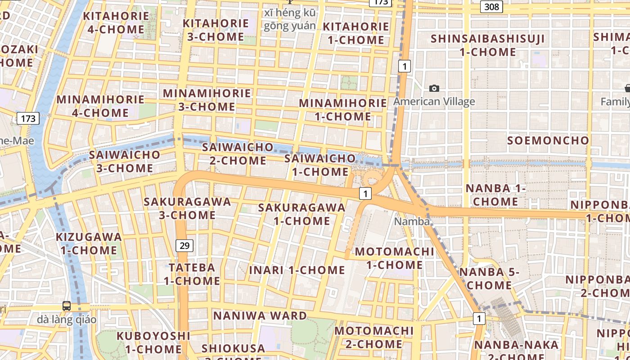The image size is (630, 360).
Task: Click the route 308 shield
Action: click(491, 7)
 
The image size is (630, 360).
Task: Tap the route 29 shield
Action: click(184, 245)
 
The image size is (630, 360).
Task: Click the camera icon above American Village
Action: click(434, 88)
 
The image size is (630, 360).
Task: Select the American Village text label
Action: click(434, 101)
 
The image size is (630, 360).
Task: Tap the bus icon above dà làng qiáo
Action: click(67, 306)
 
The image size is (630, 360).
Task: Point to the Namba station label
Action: click(411, 221)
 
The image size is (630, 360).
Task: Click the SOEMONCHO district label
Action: click(548, 140)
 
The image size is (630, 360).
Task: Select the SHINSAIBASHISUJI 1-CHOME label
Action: click(488, 45)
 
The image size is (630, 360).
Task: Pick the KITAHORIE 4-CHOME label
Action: click(116, 22)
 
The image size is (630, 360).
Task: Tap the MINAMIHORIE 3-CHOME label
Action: click(207, 100)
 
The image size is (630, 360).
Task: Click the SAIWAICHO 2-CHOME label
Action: click(238, 153)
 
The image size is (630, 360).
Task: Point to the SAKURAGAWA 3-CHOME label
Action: click(187, 208)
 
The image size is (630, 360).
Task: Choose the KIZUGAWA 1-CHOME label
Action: click(89, 243)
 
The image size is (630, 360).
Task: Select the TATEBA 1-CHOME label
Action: click(192, 274)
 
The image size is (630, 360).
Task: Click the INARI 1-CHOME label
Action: click(297, 270)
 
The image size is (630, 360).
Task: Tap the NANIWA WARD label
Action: click(260, 315)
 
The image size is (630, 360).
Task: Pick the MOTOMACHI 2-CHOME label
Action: click(374, 337)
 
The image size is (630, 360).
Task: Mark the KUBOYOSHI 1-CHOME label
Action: click(153, 342)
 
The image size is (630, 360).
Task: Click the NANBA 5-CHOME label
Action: click(489, 279)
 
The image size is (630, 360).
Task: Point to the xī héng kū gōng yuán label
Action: click(290, 19)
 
